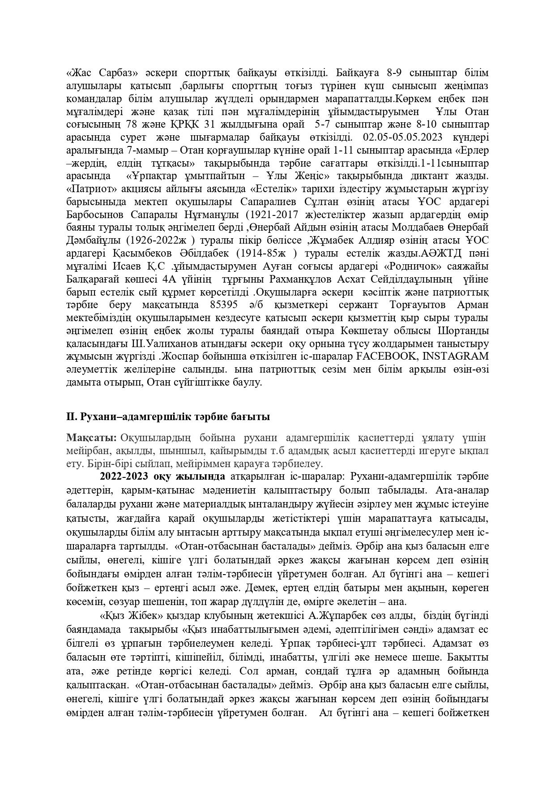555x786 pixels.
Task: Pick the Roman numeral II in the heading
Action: (x=71, y=417)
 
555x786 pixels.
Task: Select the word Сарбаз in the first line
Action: (x=115, y=73)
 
